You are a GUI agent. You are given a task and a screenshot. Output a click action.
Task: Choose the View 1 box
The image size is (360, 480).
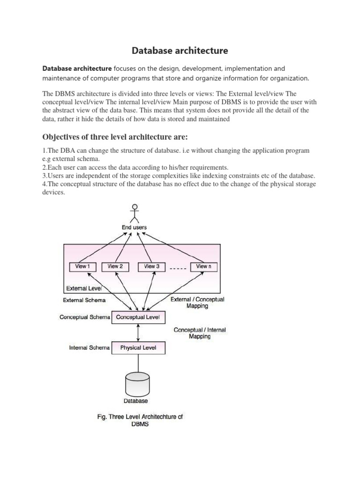(82, 266)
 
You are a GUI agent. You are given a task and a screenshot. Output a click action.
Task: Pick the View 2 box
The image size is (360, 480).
(115, 266)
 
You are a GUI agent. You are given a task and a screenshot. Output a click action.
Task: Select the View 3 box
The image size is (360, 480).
(152, 266)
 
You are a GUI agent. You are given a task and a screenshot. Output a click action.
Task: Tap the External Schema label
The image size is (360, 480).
(84, 300)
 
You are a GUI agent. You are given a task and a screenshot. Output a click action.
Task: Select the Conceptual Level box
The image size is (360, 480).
(138, 317)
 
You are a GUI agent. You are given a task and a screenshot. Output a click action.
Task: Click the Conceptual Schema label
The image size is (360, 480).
(85, 317)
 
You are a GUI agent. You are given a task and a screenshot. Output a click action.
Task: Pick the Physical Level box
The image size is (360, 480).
(138, 348)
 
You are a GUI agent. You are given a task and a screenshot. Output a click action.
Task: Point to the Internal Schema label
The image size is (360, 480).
(90, 348)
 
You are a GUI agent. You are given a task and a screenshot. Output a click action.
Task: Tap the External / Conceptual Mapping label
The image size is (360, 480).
(198, 302)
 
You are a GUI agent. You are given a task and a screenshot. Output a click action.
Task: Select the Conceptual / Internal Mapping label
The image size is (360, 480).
(200, 333)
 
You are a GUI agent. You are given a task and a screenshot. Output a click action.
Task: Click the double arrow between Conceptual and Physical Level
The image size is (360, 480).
(138, 332)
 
